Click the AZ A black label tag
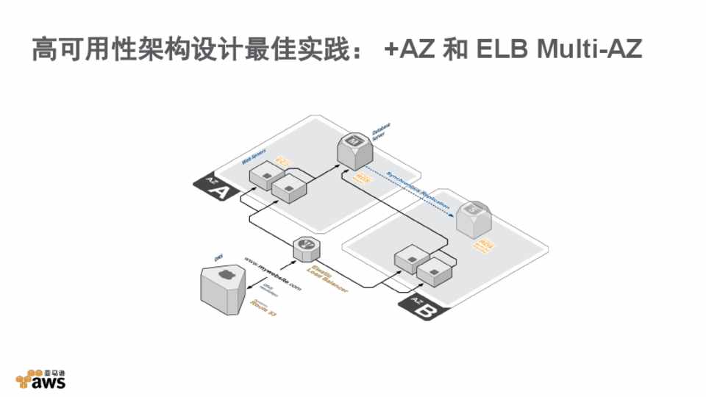(214, 188)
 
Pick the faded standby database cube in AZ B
(473, 217)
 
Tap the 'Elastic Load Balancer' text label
(327, 280)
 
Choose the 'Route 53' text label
(263, 305)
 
